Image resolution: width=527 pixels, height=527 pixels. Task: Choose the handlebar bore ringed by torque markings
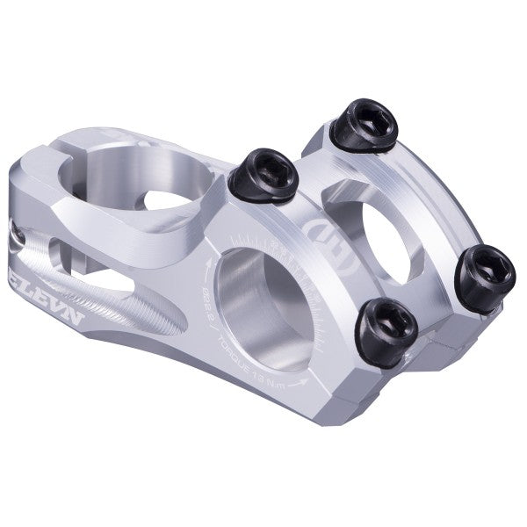click(263, 303)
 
